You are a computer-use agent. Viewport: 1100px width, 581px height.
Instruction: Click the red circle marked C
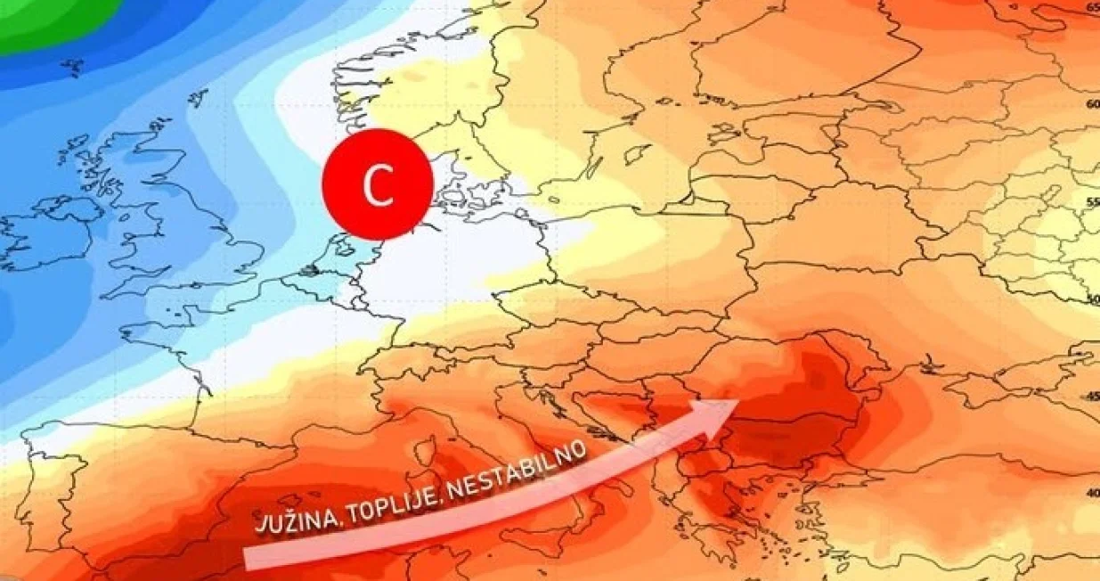[x=378, y=185]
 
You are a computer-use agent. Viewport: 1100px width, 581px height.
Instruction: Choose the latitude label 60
[x=1093, y=103]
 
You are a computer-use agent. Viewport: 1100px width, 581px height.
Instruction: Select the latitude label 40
[x=1093, y=493]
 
